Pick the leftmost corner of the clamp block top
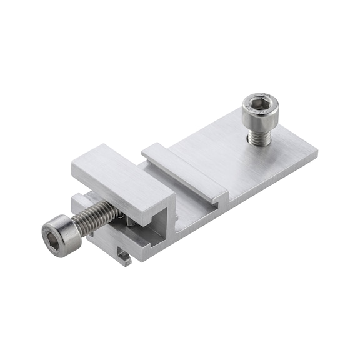click(72, 164)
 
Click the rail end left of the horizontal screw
click(79, 203)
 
